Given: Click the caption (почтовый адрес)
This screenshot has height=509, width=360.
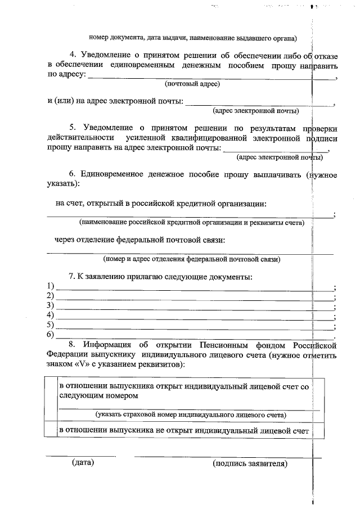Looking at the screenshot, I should [x=191, y=84].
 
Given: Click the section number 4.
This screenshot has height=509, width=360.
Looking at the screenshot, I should [x=73, y=54].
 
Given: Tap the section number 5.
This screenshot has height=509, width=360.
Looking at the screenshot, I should [x=73, y=127].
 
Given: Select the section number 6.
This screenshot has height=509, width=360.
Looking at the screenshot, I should [x=72, y=174].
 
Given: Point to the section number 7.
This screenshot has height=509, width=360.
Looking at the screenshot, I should [x=71, y=277].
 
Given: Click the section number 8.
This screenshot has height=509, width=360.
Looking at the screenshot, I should [x=71, y=344].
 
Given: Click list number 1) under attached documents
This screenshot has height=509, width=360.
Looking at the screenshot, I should [x=50, y=287].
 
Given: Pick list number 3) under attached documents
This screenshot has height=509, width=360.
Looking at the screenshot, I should [x=50, y=306].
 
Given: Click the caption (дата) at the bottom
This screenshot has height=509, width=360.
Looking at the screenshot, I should [x=82, y=463].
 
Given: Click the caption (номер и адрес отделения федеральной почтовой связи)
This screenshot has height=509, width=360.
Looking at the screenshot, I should [x=191, y=259].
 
